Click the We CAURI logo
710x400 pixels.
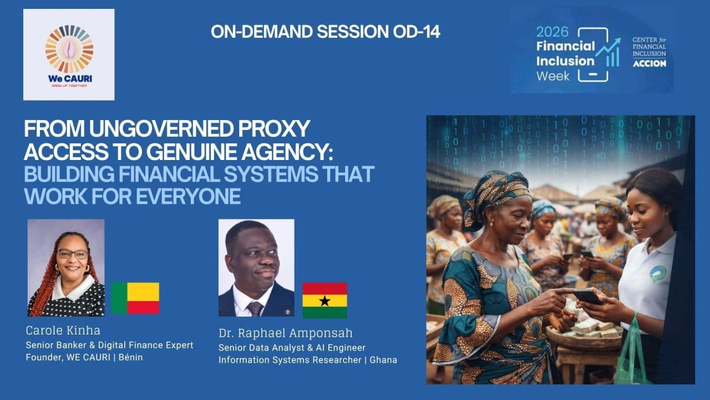[x=69, y=54]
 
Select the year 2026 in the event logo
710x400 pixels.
[x=552, y=32]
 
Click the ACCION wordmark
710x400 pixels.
[x=650, y=63]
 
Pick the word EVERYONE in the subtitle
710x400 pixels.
[x=188, y=197]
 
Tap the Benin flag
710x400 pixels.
[x=135, y=298]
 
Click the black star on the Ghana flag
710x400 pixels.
[x=324, y=301]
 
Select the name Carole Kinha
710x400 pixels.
[x=63, y=331]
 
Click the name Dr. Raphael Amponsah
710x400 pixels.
[x=286, y=333]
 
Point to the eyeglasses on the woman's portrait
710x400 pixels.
[x=73, y=254]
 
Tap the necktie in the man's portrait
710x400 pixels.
[x=255, y=308]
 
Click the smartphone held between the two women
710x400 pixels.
[x=587, y=297]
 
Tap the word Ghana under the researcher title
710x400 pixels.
[x=383, y=360]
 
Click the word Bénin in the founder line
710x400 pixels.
[x=130, y=357]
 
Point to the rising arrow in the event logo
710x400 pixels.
[x=607, y=48]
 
